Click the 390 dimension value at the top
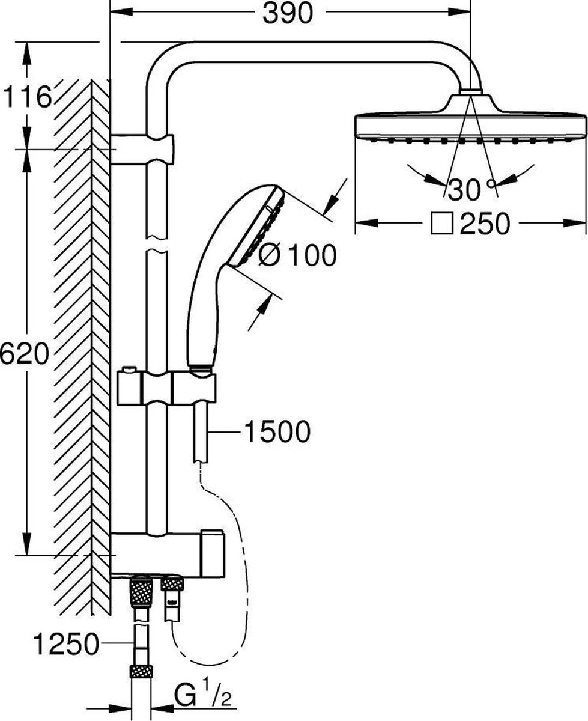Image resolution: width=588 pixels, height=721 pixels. click(x=288, y=13)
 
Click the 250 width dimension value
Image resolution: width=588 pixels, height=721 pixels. click(x=485, y=224)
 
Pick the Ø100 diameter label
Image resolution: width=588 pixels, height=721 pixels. click(x=297, y=257)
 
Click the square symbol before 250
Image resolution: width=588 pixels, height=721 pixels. click(x=443, y=224)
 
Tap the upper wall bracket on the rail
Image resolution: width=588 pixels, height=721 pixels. click(x=142, y=149)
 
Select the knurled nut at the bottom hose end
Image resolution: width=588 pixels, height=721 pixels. click(x=141, y=674)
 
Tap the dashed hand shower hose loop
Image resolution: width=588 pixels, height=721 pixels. click(x=237, y=577)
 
